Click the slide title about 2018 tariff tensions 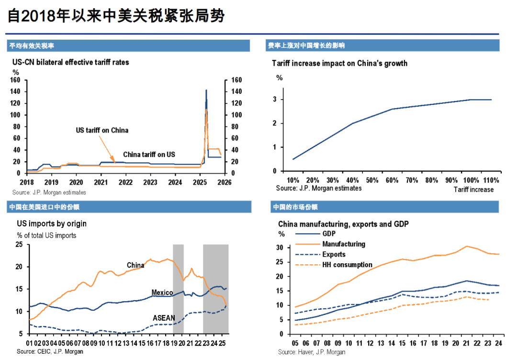(117, 16)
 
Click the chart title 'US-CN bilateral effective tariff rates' (70, 62)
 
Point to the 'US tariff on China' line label (102, 130)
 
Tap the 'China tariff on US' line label (149, 154)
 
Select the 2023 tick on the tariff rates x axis (150, 182)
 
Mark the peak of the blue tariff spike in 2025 (206, 90)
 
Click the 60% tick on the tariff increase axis (392, 180)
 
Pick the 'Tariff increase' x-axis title (473, 190)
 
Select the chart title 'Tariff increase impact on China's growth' (339, 63)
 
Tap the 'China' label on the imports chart (135, 265)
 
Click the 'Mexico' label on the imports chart (162, 292)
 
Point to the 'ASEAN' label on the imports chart (163, 317)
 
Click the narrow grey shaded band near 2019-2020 (178, 287)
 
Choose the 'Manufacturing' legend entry (343, 244)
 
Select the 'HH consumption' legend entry (347, 265)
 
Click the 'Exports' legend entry (334, 254)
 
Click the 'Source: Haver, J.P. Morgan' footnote (312, 352)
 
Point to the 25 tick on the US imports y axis (20, 245)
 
